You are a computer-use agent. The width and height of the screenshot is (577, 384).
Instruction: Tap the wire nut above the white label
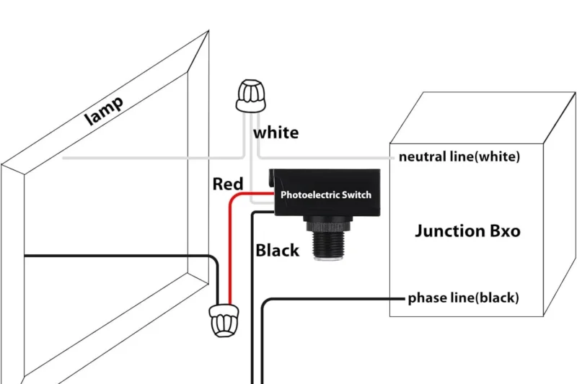(x=247, y=96)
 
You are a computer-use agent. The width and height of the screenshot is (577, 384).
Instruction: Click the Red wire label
(x=227, y=184)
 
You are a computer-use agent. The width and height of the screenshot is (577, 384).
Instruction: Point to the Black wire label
(x=277, y=251)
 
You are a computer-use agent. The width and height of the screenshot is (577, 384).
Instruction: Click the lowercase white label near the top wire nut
(x=276, y=133)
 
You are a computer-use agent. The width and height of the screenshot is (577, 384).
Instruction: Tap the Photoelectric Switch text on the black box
(x=325, y=195)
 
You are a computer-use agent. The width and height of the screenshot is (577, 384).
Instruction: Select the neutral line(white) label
(x=459, y=156)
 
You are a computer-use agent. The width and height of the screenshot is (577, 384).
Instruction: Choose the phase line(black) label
(x=463, y=298)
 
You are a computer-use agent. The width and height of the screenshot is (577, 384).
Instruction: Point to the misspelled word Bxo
(x=504, y=231)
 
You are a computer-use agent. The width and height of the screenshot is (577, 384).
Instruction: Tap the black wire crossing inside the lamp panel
(x=108, y=256)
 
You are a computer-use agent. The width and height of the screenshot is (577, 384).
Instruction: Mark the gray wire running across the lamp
(x=144, y=156)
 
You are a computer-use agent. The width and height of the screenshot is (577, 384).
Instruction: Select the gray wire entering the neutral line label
(x=325, y=156)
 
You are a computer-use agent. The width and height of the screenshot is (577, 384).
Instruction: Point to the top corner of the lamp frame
(x=208, y=32)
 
